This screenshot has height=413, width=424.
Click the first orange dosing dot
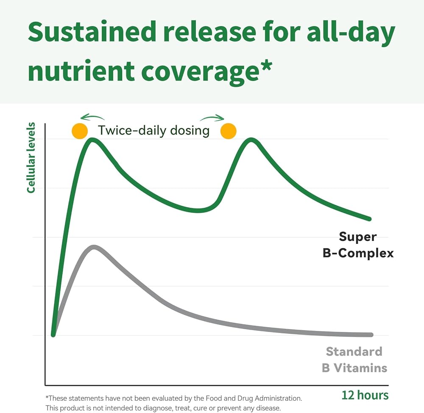pyautogui.click(x=80, y=131)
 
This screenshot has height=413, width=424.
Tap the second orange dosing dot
pyautogui.click(x=228, y=131)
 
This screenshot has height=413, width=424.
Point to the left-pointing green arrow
pyautogui.click(x=92, y=117)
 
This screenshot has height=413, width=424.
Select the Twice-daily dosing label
pyautogui.click(x=153, y=130)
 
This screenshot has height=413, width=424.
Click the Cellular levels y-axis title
pyautogui.click(x=31, y=157)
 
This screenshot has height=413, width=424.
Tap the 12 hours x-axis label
pyautogui.click(x=365, y=395)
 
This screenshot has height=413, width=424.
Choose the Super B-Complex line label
pyautogui.click(x=366, y=245)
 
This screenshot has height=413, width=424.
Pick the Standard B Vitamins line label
pyautogui.click(x=354, y=360)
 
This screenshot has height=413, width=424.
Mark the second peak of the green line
pyautogui.click(x=251, y=139)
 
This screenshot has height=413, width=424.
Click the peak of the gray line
pyautogui.click(x=94, y=247)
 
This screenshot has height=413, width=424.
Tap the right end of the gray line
pyautogui.click(x=371, y=335)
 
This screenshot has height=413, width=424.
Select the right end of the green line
pyautogui.click(x=369, y=219)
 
